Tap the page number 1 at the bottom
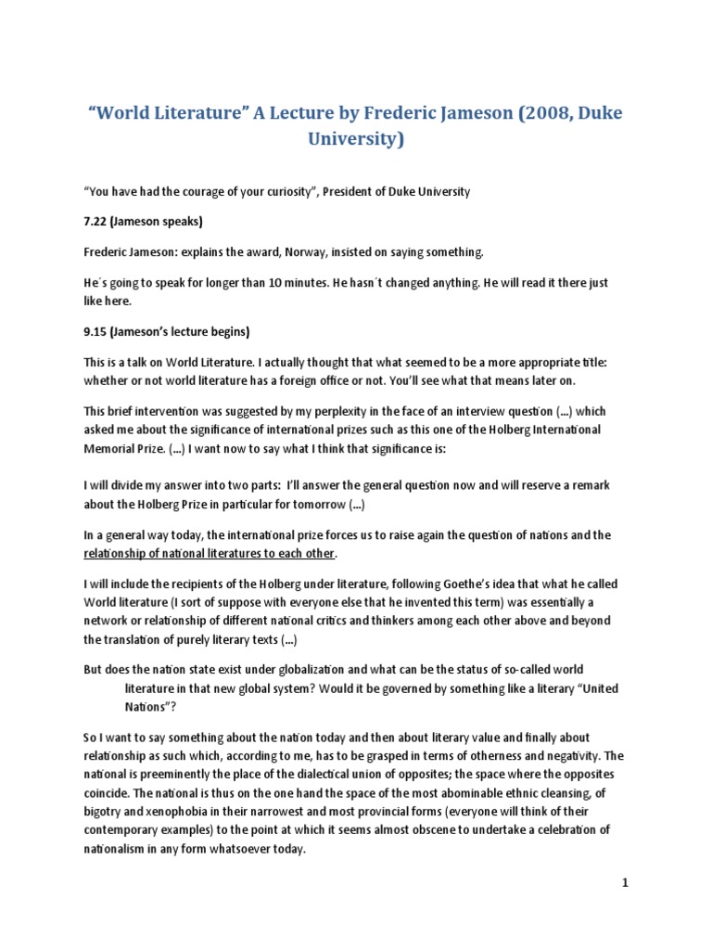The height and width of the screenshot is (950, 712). click(x=625, y=883)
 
